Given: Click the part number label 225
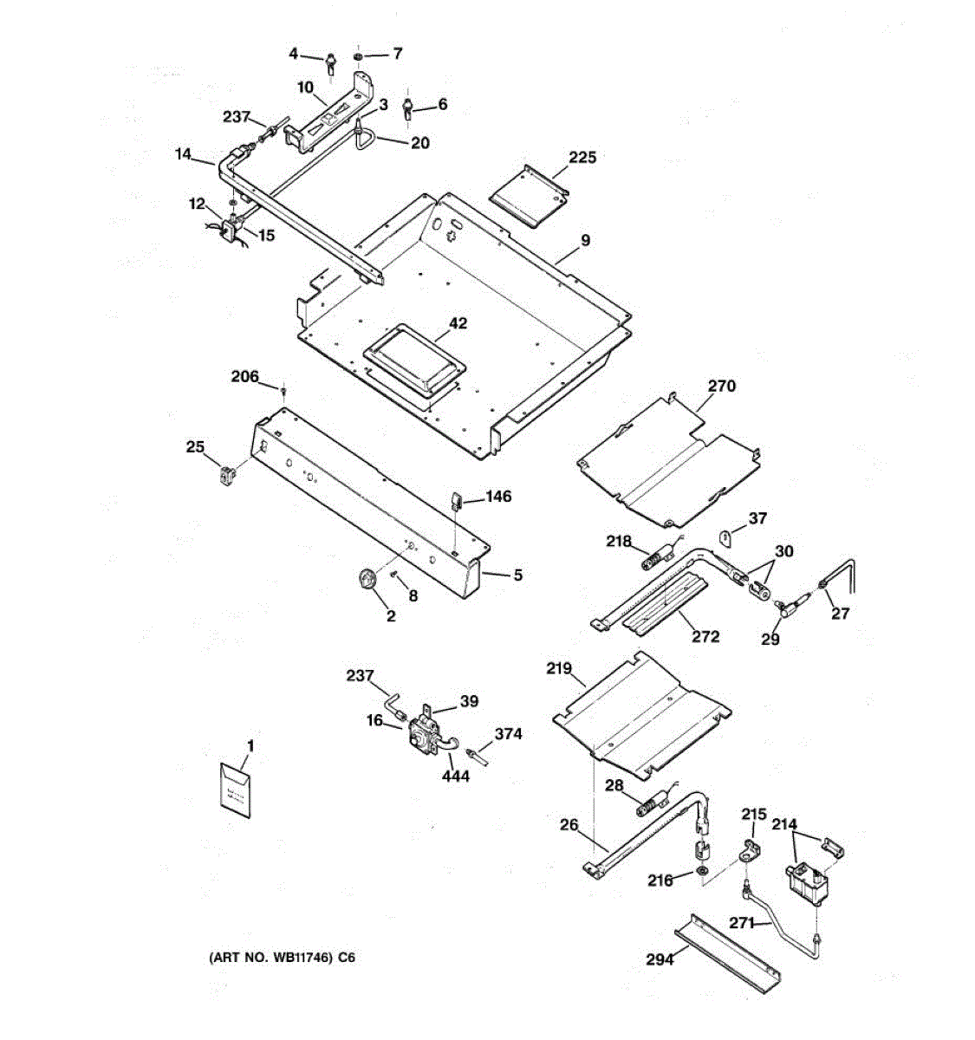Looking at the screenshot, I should (582, 158).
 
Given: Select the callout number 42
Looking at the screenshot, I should (458, 323).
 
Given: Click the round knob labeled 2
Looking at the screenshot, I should (367, 578).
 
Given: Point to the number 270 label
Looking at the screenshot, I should (721, 386).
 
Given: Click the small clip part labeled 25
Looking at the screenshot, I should (228, 474).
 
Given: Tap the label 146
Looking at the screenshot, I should (498, 497).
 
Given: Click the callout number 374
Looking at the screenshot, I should (508, 734).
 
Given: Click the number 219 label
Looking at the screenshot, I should (559, 668).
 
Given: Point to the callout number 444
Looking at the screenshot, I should (455, 776).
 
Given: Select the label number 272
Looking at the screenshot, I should (705, 636).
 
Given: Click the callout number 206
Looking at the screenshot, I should (244, 376).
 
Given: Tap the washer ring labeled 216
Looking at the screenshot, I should (701, 870).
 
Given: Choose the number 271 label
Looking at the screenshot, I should (742, 923).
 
